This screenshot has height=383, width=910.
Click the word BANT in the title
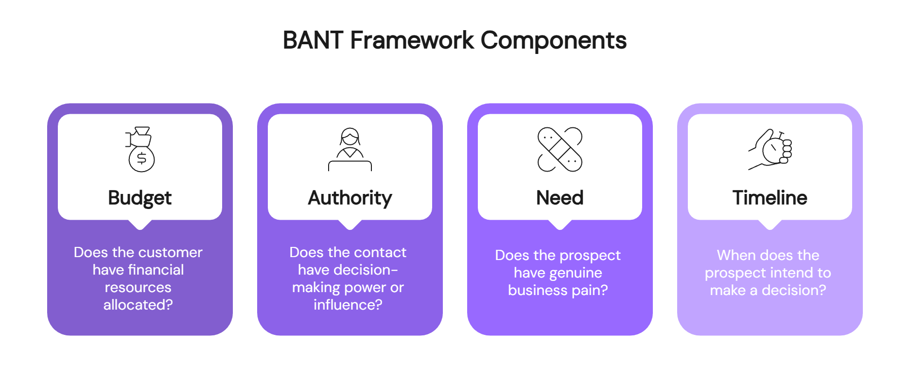pos(313,40)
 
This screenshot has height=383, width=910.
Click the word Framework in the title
pos(412,40)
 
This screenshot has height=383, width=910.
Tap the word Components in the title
pos(553,40)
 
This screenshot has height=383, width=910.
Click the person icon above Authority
pos(350,149)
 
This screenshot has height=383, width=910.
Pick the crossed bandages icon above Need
pos(560,149)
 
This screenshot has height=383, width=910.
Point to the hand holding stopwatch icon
pos(770,149)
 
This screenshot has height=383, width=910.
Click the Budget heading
pos(140,198)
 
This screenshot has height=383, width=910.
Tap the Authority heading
pos(350,198)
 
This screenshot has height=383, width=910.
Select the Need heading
pos(560,198)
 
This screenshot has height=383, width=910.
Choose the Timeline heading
pos(770,198)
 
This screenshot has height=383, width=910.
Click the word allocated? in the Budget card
pos(138,305)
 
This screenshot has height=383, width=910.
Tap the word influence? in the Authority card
pos(348,305)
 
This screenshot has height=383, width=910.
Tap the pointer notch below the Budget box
pos(140,224)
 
